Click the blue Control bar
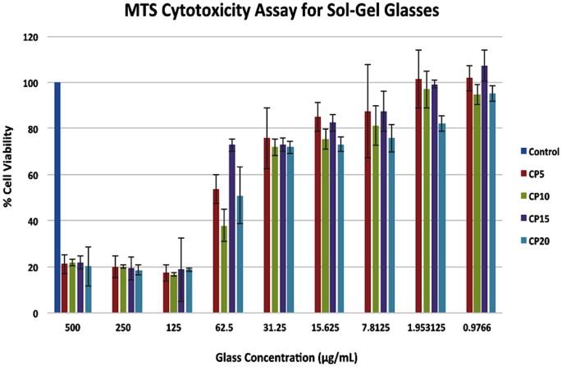pyautogui.click(x=57, y=197)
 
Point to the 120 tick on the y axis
pyautogui.click(x=32, y=38)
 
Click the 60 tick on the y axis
pyautogui.click(x=34, y=176)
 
